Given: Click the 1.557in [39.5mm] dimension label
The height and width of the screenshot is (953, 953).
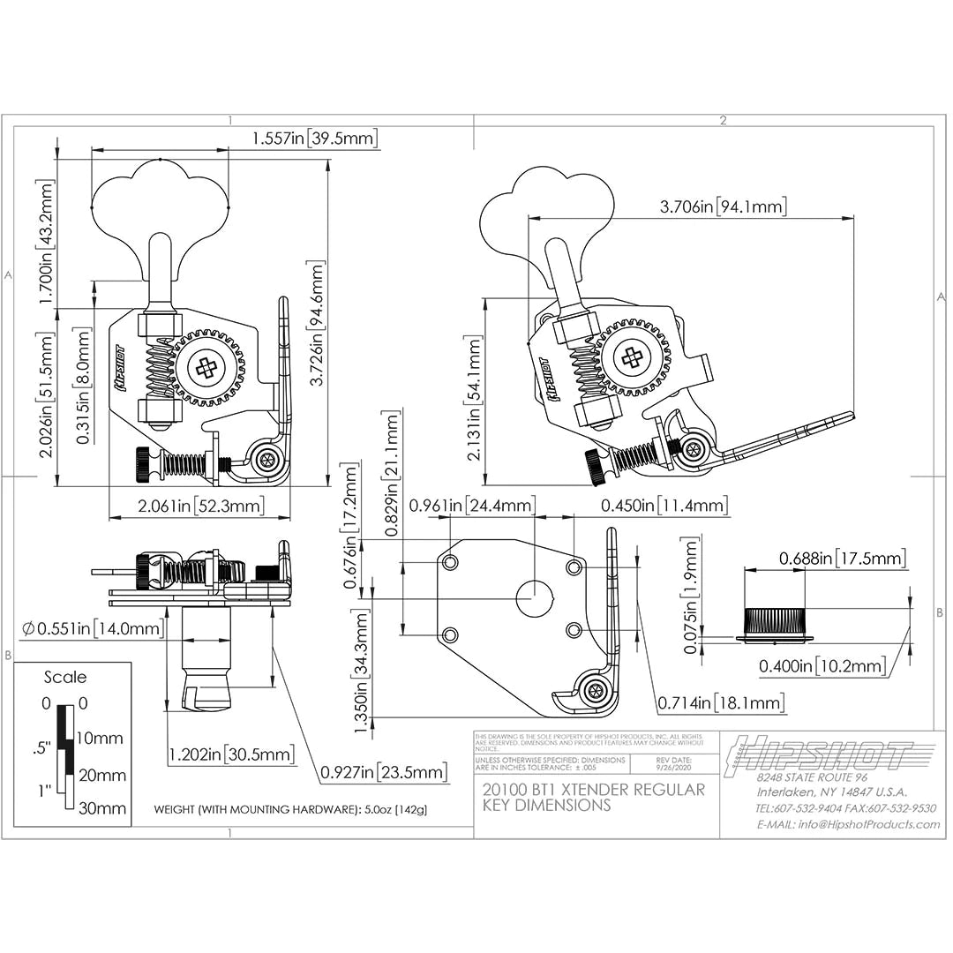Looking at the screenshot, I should [x=315, y=138].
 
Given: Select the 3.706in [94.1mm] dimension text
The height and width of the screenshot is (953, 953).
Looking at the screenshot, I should [x=723, y=206].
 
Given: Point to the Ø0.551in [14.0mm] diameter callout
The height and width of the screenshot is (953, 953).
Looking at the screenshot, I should [x=93, y=628].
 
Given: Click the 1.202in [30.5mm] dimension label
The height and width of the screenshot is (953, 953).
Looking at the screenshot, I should [x=231, y=755].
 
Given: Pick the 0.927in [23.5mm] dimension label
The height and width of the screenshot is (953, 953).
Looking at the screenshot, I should [x=384, y=772].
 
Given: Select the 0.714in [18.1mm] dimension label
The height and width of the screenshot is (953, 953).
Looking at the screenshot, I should [x=720, y=702].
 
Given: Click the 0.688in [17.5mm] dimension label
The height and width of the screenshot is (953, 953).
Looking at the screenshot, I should [x=842, y=559].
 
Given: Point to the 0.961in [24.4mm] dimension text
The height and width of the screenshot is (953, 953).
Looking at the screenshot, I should [x=473, y=505].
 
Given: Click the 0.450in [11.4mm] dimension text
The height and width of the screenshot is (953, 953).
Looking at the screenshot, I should [x=664, y=505].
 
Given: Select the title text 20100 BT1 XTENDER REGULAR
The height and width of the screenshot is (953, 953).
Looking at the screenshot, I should [x=589, y=789].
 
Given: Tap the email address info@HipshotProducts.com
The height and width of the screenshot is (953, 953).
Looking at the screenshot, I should [x=848, y=824].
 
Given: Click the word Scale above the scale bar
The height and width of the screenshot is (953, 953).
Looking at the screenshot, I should [x=65, y=677].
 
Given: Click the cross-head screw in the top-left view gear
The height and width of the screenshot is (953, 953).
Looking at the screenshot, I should [x=206, y=367].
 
